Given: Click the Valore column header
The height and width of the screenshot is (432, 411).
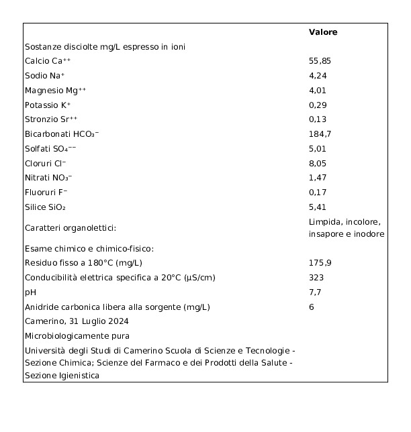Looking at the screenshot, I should click(x=323, y=32).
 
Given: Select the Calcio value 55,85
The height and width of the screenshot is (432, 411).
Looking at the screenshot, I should click(x=320, y=61).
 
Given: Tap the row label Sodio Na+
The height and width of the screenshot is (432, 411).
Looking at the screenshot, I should click(x=45, y=76).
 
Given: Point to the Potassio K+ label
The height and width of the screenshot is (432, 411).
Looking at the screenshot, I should click(x=48, y=105).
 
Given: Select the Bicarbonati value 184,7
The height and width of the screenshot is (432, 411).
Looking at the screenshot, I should click(x=320, y=134).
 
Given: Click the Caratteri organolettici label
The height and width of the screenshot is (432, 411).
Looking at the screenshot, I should click(x=71, y=228).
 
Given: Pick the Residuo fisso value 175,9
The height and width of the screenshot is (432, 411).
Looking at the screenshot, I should click(x=320, y=263).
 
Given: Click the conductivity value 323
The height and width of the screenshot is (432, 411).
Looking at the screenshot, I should click(x=316, y=278).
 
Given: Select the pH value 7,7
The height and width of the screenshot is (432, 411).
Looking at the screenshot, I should click(x=314, y=292).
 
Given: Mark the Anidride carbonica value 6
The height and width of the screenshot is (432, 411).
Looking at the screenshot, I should click(x=312, y=307).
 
